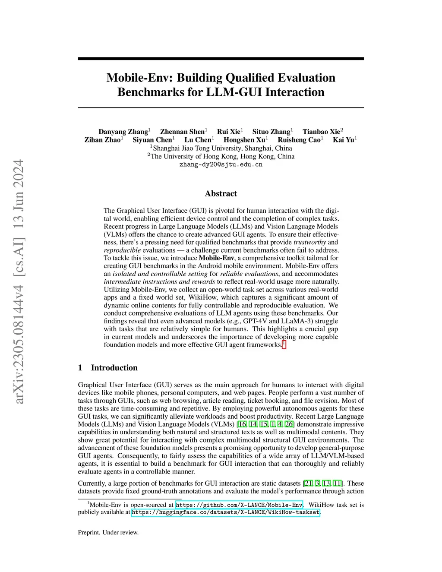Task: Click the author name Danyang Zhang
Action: [x=123, y=132]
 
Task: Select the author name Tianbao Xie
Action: [x=321, y=132]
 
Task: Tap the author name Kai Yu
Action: [x=343, y=140]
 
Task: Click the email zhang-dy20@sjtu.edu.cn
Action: [x=221, y=164]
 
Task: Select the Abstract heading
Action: [x=221, y=193]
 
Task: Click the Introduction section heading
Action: [x=114, y=368]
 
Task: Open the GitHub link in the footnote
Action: [x=239, y=505]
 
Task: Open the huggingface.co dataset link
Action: [x=225, y=512]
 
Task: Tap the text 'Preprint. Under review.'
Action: [x=108, y=532]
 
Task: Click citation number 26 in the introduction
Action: [x=289, y=424]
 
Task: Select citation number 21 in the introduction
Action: [x=308, y=483]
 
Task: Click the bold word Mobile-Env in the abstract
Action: [x=216, y=258]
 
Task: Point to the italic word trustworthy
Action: [x=309, y=242]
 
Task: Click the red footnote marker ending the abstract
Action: [x=284, y=344]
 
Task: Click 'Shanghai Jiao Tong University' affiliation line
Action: [x=221, y=148]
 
